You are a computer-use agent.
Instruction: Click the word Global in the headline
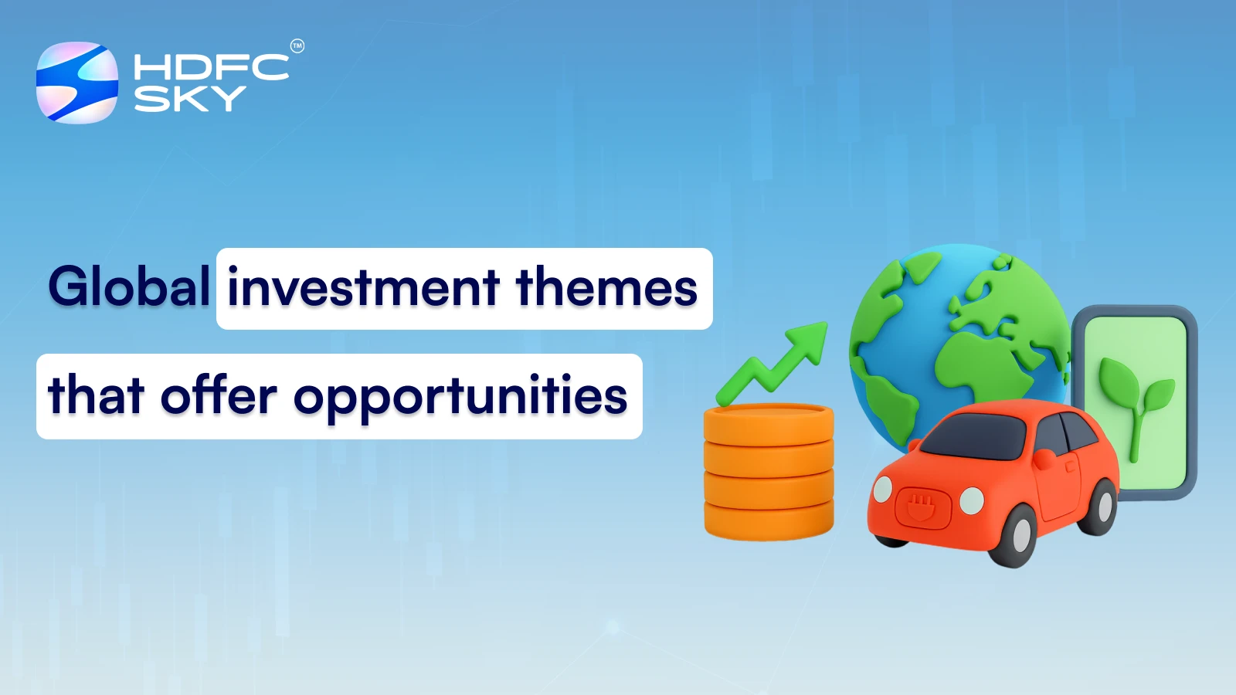tap(129, 287)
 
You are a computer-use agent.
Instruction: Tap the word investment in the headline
tap(363, 288)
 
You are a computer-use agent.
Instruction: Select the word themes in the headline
tap(606, 288)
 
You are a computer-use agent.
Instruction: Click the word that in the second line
tap(96, 395)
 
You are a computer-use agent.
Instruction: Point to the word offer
tap(218, 395)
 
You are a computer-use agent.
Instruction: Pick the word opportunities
tap(460, 398)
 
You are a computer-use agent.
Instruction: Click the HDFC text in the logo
tap(211, 67)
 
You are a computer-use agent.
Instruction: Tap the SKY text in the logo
tap(189, 99)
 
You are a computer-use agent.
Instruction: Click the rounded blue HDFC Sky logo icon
tap(77, 83)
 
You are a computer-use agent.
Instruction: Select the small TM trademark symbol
tap(297, 46)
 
